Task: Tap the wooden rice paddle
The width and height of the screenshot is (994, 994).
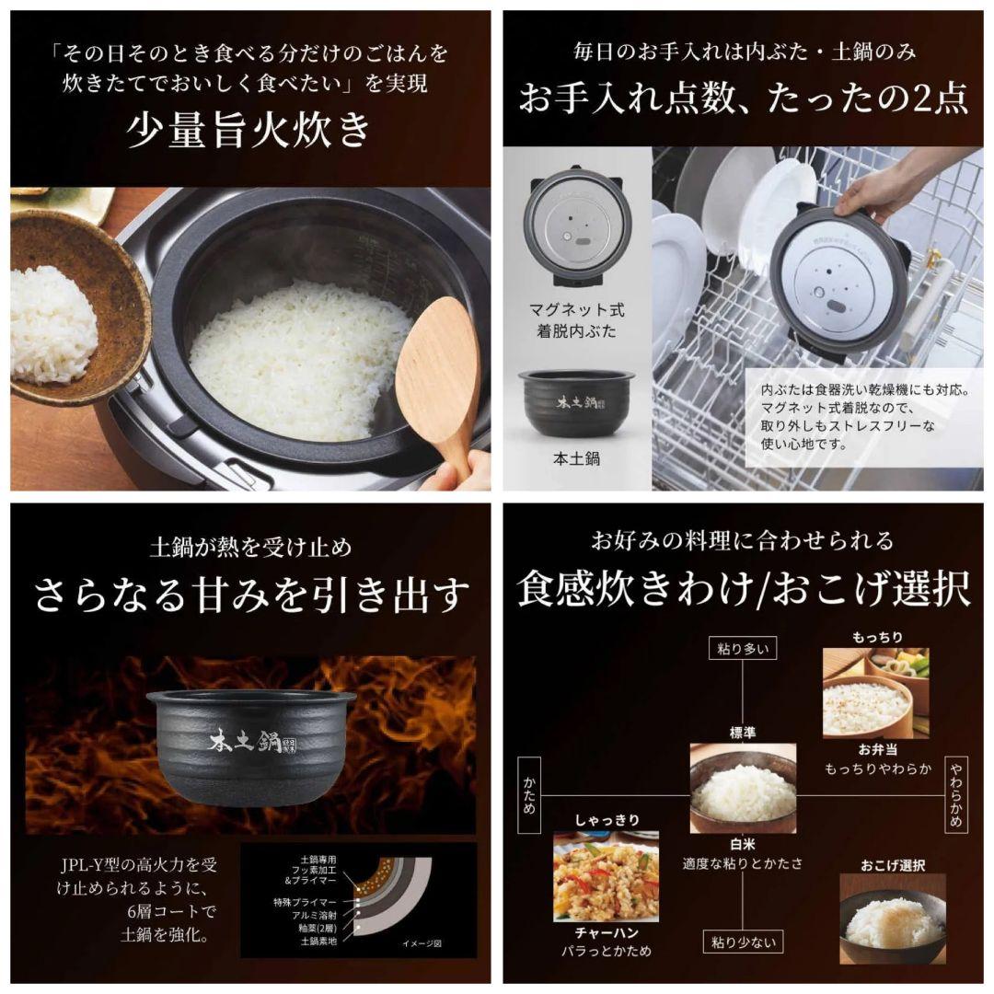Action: pyautogui.click(x=440, y=368)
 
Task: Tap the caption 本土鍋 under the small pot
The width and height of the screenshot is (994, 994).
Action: pyautogui.click(x=576, y=457)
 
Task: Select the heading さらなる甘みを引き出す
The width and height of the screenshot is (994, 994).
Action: pyautogui.click(x=251, y=595)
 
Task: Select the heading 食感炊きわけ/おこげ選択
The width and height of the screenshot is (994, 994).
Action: pyautogui.click(x=744, y=590)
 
